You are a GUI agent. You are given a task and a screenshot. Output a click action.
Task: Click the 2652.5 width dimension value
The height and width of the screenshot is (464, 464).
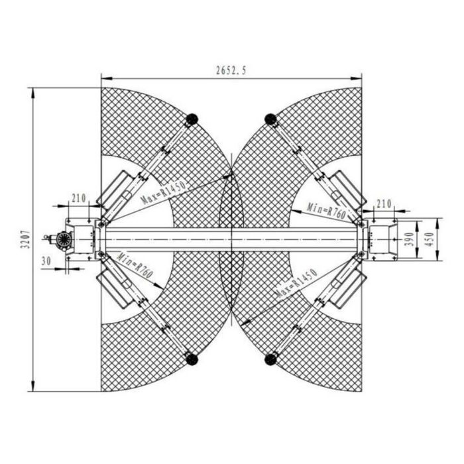coord(231,71)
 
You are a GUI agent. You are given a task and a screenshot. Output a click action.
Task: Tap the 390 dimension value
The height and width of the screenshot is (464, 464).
coord(410,239)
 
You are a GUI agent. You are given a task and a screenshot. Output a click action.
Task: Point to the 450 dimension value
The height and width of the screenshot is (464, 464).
coord(430,239)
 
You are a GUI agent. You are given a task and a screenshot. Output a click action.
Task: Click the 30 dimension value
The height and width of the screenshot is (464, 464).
coord(46,261)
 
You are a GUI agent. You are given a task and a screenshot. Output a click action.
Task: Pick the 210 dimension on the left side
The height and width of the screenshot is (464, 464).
coord(79,198)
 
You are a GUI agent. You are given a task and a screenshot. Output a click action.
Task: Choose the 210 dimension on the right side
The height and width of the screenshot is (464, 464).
coord(384,204)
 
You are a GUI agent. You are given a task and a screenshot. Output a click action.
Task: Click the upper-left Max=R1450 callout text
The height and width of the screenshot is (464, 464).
coord(163,192)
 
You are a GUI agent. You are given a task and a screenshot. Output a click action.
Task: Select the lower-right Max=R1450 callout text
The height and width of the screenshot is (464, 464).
coord(296,283)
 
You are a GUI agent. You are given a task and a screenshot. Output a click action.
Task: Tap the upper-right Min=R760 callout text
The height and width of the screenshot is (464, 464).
coord(326,211)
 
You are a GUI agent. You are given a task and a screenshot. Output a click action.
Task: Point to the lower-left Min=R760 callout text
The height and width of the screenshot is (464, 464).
coord(135,265)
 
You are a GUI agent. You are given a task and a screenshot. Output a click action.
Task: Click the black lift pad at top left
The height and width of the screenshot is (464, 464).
coord(192,119)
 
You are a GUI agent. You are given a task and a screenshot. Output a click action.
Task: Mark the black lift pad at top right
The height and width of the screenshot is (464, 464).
coord(270,119)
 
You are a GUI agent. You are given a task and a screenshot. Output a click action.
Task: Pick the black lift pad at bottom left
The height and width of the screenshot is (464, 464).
coord(192,359)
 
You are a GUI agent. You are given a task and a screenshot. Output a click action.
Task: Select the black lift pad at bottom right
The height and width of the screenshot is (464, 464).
coord(270,359)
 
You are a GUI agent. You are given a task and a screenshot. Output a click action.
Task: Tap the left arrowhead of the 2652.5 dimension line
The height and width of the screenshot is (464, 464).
coord(107,78)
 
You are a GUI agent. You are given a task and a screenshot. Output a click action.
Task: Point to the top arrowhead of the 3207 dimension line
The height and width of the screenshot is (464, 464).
coord(33,93)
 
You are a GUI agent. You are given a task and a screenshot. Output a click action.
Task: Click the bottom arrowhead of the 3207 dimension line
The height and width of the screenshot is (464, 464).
coord(33,386)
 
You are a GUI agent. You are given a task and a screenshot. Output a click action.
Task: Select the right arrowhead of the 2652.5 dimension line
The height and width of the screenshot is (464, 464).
coord(356,78)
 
